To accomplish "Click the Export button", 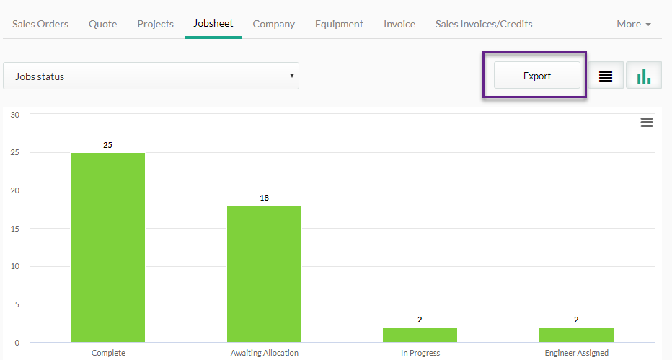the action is pyautogui.click(x=537, y=76).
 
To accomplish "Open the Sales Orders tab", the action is pyautogui.click(x=40, y=24).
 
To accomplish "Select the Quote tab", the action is pyautogui.click(x=103, y=24).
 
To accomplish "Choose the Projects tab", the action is pyautogui.click(x=155, y=24).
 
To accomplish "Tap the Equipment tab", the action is pyautogui.click(x=339, y=24).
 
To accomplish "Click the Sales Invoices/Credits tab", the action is pyautogui.click(x=484, y=24).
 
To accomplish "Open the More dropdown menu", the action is pyautogui.click(x=634, y=24).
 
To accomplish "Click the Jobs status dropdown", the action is pyautogui.click(x=151, y=76).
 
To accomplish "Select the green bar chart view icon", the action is pyautogui.click(x=644, y=76).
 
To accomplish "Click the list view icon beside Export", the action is pyautogui.click(x=606, y=76).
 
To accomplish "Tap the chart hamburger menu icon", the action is pyautogui.click(x=647, y=123).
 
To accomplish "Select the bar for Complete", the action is pyautogui.click(x=107, y=247).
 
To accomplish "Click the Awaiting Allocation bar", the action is pyautogui.click(x=264, y=274).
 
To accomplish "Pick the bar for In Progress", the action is pyautogui.click(x=420, y=335).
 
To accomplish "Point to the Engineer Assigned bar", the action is pyautogui.click(x=576, y=335).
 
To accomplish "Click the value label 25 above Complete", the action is pyautogui.click(x=107, y=145).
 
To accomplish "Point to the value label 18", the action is pyautogui.click(x=264, y=198).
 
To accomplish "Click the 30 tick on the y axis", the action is pyautogui.click(x=15, y=115).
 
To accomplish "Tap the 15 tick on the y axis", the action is pyautogui.click(x=15, y=229).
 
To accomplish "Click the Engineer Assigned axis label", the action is pyautogui.click(x=576, y=353).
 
